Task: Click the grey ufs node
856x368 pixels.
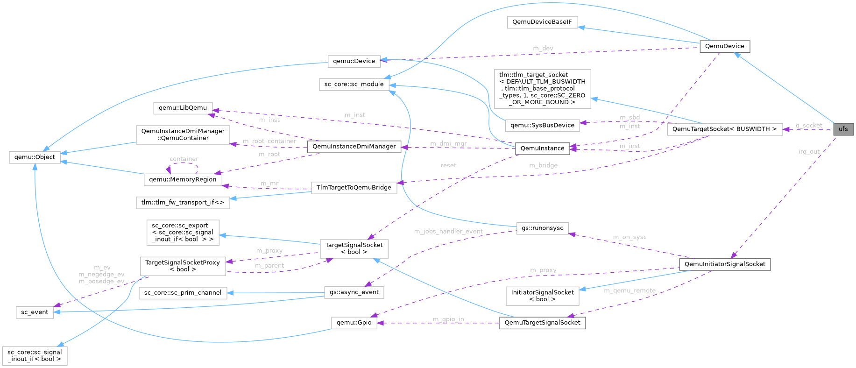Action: (843, 129)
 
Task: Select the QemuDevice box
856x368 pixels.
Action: (724, 46)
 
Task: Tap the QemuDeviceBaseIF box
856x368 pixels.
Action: (542, 22)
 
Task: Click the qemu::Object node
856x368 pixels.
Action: (35, 157)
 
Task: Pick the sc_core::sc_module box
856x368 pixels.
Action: (354, 84)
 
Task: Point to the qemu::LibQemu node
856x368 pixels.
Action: (183, 108)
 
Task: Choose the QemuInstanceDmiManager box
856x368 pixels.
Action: (354, 147)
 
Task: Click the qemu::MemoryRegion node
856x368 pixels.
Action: (183, 179)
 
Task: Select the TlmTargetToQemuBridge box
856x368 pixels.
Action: (354, 188)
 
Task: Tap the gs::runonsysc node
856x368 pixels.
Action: (542, 228)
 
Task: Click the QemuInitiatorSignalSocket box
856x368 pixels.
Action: (725, 264)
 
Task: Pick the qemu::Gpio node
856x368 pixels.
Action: (354, 323)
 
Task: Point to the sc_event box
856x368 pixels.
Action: (35, 312)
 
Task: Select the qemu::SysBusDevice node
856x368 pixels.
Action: (542, 125)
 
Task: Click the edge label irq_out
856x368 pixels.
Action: (809, 152)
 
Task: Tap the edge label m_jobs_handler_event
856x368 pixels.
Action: (448, 231)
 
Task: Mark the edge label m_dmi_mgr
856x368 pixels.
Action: (448, 143)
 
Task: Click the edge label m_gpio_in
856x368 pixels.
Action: (448, 319)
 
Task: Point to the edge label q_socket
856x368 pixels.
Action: (809, 125)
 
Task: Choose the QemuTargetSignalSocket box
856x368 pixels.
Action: (542, 323)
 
